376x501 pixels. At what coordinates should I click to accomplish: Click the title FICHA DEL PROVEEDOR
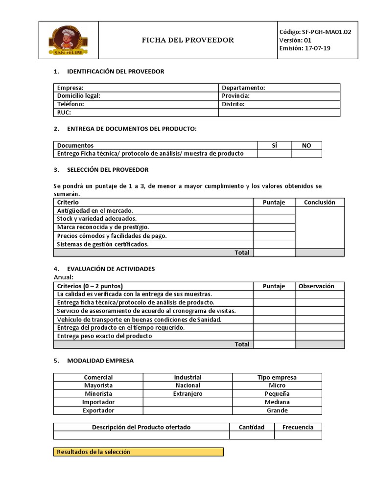tap(188, 40)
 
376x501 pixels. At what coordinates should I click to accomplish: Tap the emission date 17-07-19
tap(318, 48)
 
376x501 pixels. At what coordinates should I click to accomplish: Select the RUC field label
tap(64, 113)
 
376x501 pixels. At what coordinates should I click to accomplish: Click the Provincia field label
tap(235, 96)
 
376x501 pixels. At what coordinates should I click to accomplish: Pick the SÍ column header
tap(274, 145)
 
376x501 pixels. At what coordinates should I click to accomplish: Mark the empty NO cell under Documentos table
tap(306, 154)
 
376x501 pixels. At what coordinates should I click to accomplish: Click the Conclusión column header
tap(319, 202)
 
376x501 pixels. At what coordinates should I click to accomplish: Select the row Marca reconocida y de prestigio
tap(103, 227)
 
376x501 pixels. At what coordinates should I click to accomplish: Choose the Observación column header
tap(316, 286)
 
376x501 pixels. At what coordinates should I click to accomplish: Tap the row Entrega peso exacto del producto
tap(105, 336)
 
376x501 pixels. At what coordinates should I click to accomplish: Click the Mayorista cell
tap(98, 386)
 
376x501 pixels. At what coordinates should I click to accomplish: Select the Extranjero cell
tap(188, 394)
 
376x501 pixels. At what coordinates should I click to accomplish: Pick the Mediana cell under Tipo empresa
tap(277, 402)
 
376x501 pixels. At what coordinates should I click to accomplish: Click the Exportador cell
tap(98, 410)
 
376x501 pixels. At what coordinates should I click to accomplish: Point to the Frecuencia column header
tap(298, 427)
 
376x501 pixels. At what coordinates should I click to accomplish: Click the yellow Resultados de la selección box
tap(138, 452)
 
